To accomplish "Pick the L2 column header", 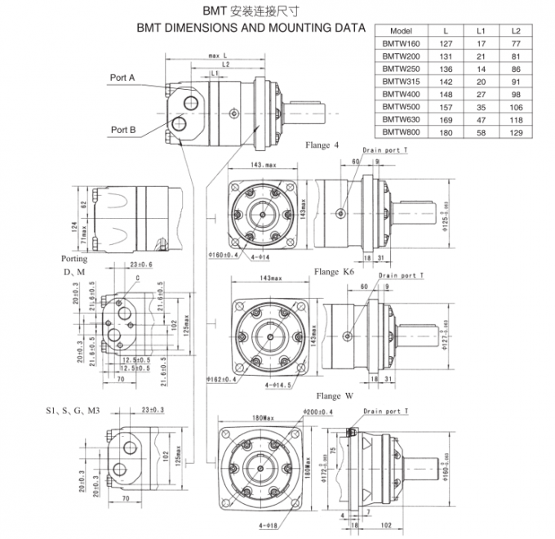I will pos(515,30).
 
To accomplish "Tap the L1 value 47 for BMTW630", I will pos(481,118).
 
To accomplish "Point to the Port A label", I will pos(122,78).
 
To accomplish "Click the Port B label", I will pos(122,129).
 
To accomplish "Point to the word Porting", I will pos(74,258).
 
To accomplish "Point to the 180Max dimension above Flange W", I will pos(263,418).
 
